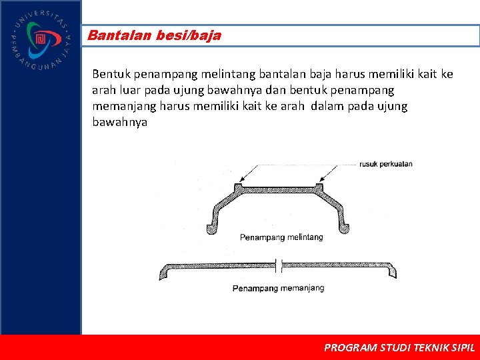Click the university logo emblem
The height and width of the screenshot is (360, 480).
(x=40, y=39)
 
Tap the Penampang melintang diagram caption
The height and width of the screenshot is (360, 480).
(x=281, y=237)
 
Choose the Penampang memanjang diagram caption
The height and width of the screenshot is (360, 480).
(x=278, y=288)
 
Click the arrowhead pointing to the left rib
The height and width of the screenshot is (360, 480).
(x=241, y=181)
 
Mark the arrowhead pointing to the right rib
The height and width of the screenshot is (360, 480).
(x=321, y=181)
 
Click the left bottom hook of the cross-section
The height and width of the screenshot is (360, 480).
(x=212, y=229)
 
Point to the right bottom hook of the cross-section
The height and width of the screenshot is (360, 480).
(x=345, y=229)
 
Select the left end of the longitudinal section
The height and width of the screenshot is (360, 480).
(x=164, y=273)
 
